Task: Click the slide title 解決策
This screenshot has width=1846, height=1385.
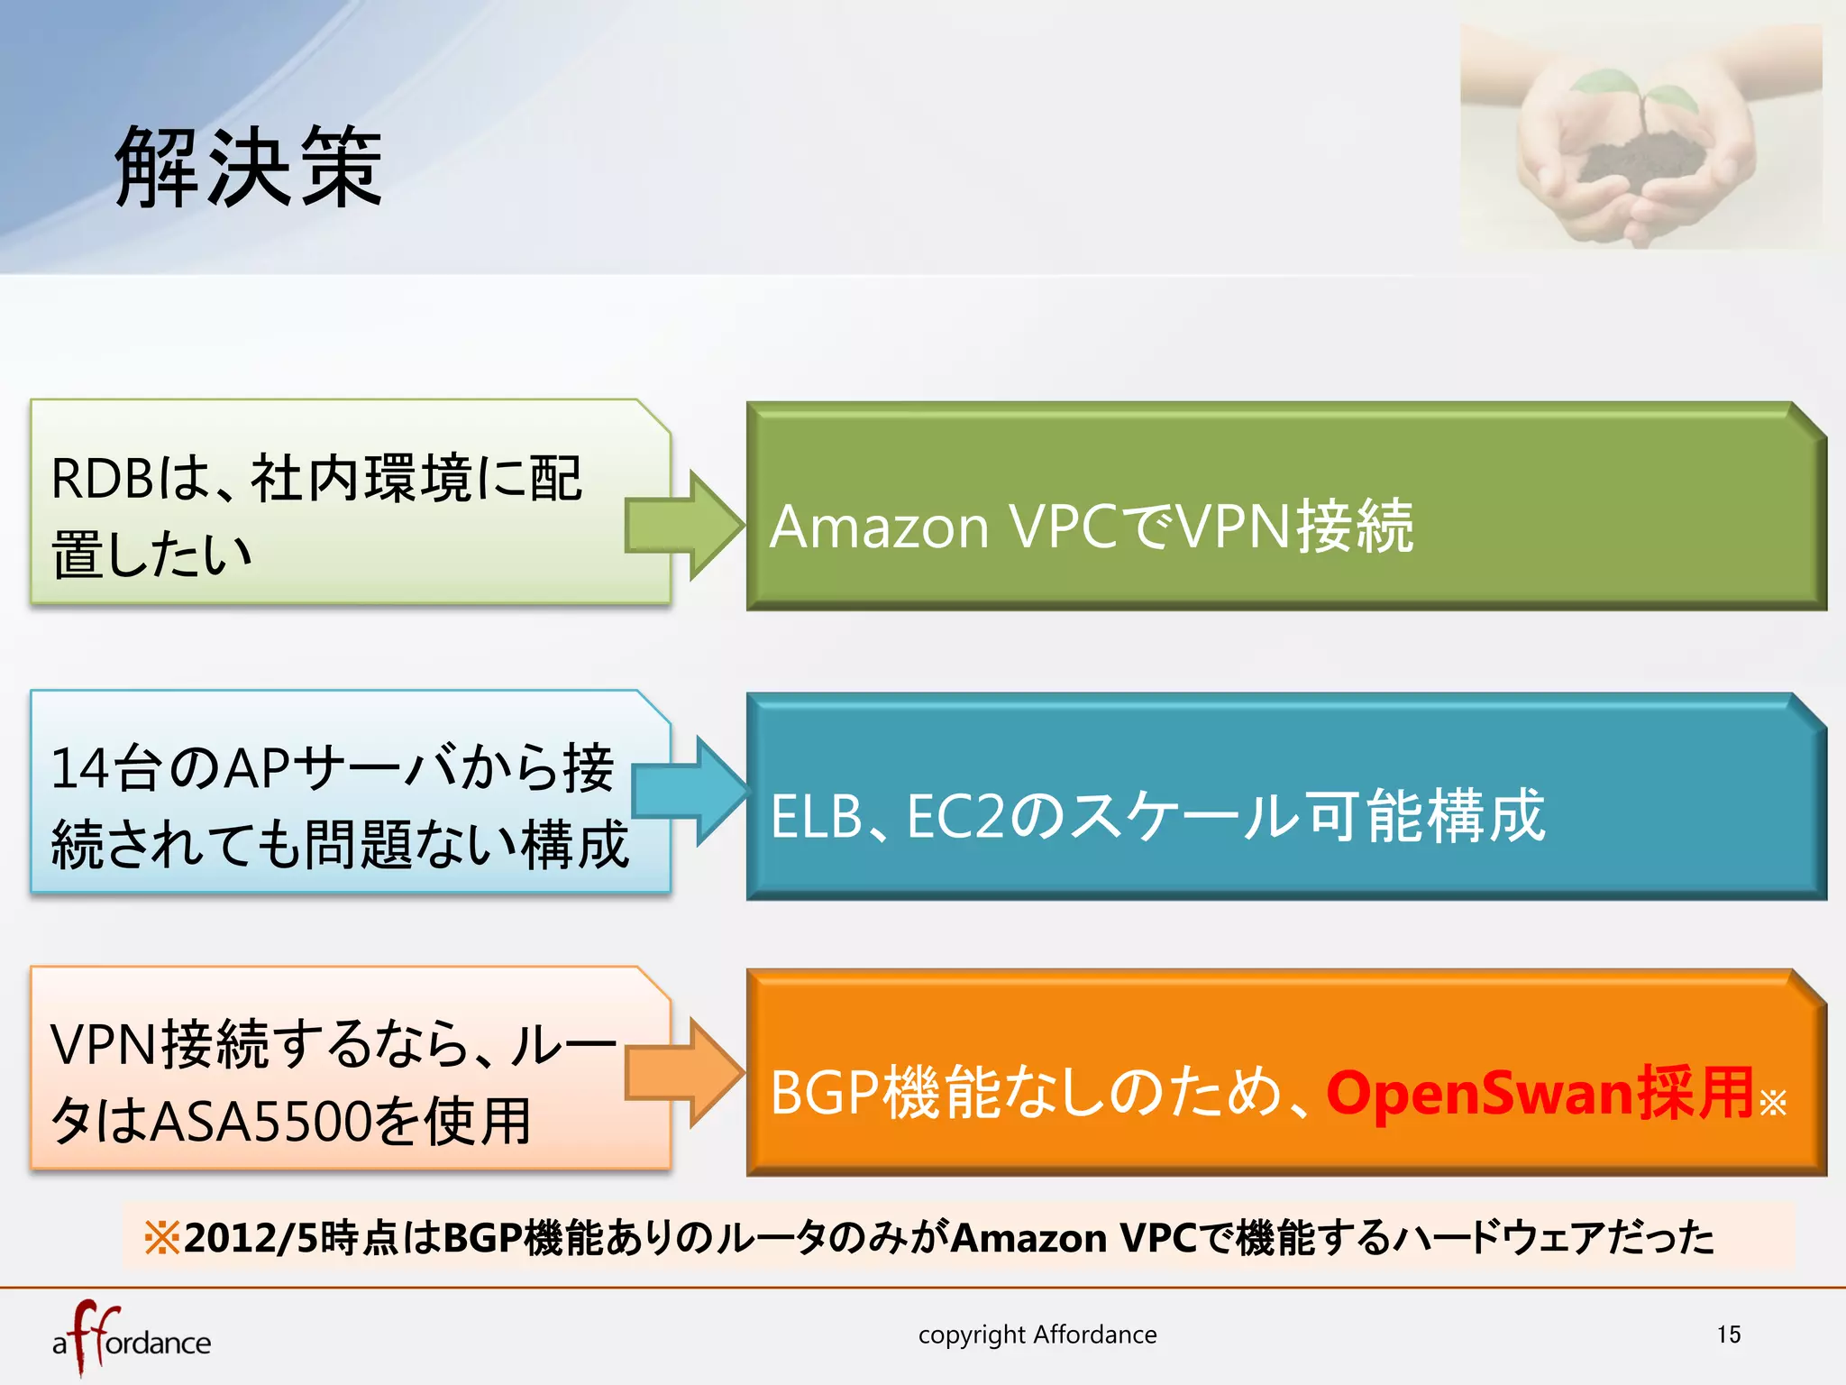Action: [x=249, y=167]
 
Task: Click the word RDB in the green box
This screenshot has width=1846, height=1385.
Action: [x=102, y=479]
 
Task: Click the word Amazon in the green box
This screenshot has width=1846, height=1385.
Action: [x=879, y=527]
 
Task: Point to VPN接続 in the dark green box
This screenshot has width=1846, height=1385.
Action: [x=1294, y=527]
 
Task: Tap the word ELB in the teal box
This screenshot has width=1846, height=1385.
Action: [x=816, y=817]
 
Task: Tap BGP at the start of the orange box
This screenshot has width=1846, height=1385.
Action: [x=824, y=1094]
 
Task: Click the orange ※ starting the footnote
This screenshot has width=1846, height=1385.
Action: [x=162, y=1237]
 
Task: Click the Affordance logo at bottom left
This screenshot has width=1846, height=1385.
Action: [x=131, y=1339]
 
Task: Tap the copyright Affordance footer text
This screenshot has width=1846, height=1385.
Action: [x=1037, y=1335]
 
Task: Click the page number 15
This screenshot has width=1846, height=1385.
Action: [x=1728, y=1335]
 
